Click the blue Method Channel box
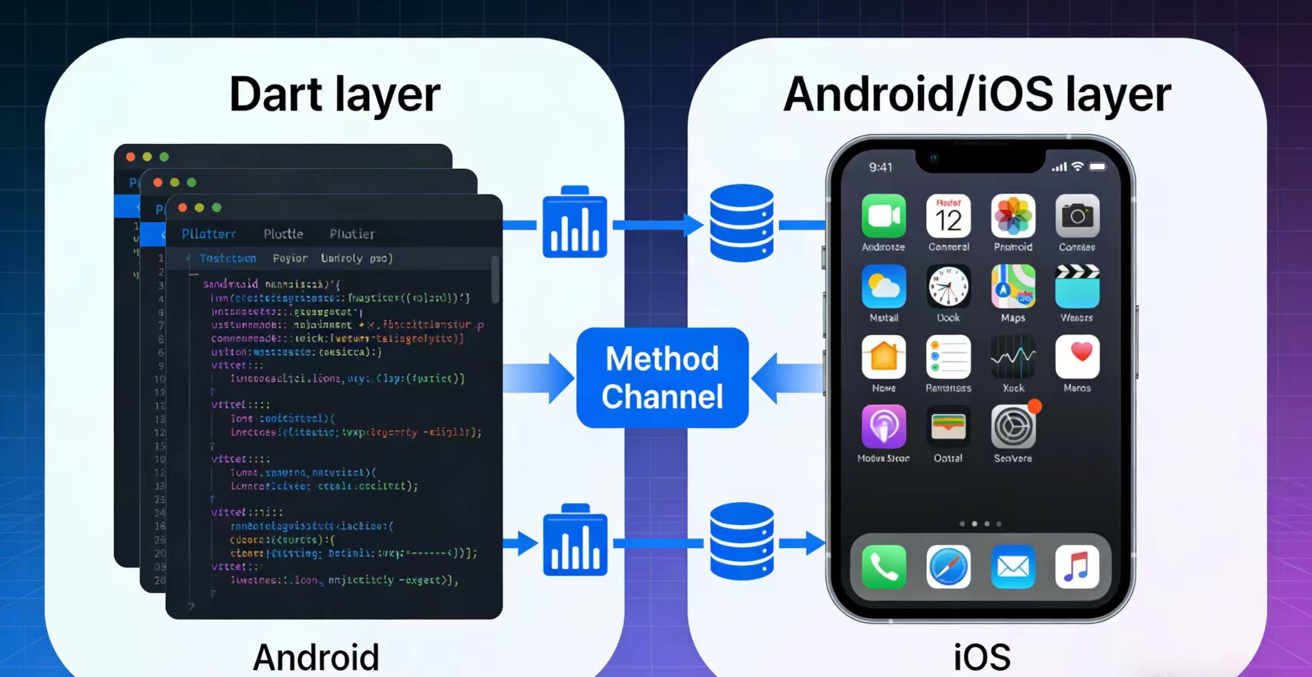coord(662,378)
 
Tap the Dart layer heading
coord(335,95)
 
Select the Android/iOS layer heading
coord(977,95)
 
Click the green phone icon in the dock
coord(883,567)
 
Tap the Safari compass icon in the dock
coord(948,567)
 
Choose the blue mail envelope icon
coord(1013,567)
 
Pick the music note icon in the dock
coord(1077,567)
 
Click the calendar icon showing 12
coord(948,216)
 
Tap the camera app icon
coord(1077,216)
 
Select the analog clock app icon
coord(948,287)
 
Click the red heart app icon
coord(1077,357)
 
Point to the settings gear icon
coord(1013,427)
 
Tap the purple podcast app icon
coord(883,427)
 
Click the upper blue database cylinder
coord(741,223)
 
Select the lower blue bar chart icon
coord(575,541)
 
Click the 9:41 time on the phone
coord(880,167)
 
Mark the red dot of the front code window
coord(182,208)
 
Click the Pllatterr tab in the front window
coord(208,234)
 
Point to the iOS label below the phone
coord(981,657)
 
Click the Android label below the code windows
coord(316,657)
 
